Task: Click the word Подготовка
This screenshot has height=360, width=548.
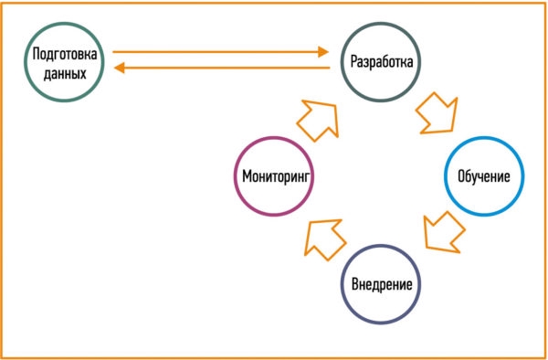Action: [65, 55]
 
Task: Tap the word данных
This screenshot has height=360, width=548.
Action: [65, 74]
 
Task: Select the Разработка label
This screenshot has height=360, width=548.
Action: [382, 62]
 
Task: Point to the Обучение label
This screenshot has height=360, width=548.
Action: [484, 176]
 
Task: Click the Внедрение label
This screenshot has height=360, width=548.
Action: [382, 284]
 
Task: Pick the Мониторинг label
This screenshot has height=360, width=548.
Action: [276, 176]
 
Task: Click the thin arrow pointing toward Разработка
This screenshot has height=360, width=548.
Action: [220, 52]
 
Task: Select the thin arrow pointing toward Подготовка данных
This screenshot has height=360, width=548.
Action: [222, 68]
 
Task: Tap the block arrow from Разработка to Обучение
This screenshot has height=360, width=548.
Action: [437, 113]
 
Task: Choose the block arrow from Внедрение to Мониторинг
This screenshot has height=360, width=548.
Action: [324, 238]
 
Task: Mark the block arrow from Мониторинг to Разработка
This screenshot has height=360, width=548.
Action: [319, 120]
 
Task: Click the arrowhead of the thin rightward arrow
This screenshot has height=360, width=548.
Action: [323, 52]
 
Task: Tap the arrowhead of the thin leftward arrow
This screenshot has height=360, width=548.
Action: [120, 68]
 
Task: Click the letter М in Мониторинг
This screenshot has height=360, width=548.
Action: [247, 176]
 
